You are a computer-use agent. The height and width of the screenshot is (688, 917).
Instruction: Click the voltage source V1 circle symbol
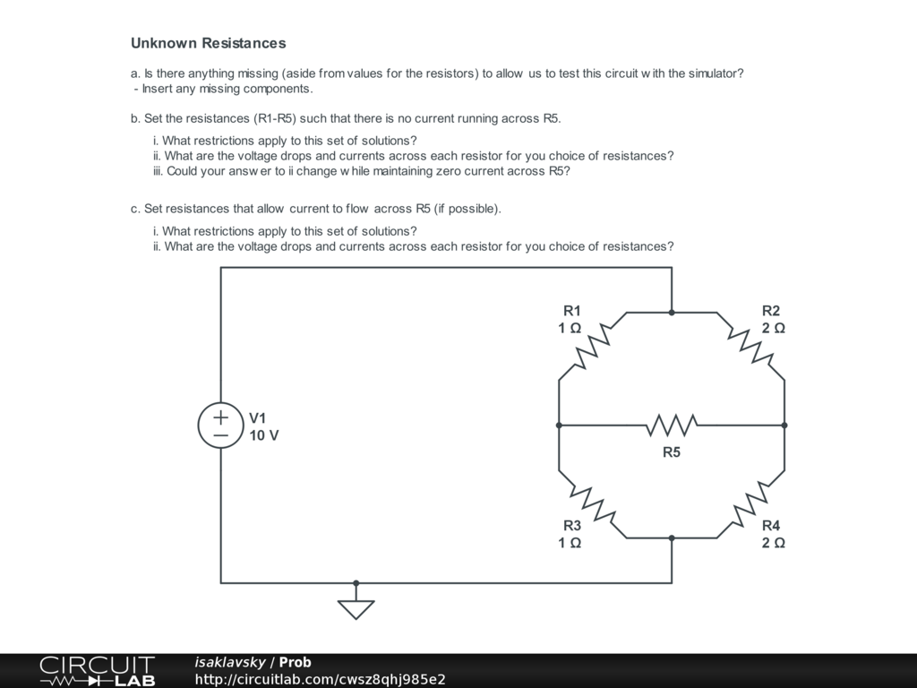tap(220, 426)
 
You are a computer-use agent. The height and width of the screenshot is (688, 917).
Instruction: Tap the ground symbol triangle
tap(356, 609)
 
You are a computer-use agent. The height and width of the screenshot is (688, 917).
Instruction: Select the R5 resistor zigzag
tap(672, 425)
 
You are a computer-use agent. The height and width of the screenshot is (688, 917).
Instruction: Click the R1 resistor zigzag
tap(592, 346)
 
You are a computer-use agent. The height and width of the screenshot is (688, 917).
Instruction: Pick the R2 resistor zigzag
tap(751, 346)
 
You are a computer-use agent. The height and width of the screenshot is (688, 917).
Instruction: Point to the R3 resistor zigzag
tap(592, 504)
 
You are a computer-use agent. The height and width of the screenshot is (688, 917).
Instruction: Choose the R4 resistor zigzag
tap(751, 504)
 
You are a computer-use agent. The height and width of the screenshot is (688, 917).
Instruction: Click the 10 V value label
tap(264, 435)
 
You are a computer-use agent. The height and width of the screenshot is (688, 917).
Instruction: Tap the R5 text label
tap(672, 452)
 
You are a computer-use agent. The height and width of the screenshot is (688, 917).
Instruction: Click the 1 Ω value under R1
tap(570, 328)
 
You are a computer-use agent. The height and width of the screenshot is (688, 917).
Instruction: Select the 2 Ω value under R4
tap(774, 543)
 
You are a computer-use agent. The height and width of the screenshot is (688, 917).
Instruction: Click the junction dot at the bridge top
tap(672, 313)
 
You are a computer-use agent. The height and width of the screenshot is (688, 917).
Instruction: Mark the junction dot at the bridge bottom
tap(672, 538)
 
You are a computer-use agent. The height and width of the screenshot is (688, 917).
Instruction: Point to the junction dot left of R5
tap(559, 425)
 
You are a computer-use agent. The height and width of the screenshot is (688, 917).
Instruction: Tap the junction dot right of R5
tap(784, 425)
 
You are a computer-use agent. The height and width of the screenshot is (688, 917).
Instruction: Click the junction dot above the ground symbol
tap(356, 583)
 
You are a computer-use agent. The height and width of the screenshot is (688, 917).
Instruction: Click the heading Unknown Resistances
tap(209, 43)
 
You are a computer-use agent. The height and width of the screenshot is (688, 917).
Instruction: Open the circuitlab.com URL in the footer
tap(320, 679)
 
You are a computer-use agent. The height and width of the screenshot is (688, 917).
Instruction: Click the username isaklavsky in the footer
tap(230, 662)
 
